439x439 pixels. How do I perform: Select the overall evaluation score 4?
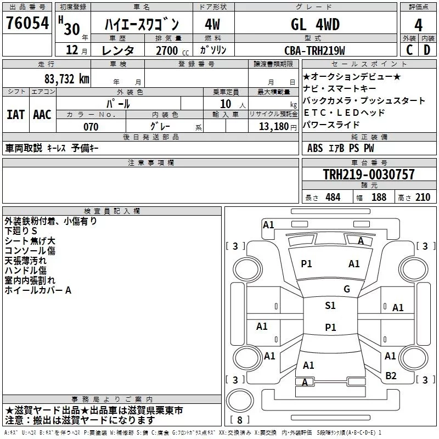point(418,25)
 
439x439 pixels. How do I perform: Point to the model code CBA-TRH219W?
point(314,50)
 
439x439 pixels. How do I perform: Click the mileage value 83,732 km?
point(66,78)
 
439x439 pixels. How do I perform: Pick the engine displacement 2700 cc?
point(166,50)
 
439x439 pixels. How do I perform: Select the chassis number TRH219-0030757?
point(368,175)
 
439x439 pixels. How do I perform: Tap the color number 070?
point(91,127)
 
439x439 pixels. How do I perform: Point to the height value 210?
point(422,197)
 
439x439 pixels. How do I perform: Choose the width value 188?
point(379,197)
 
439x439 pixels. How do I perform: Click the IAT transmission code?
point(15,114)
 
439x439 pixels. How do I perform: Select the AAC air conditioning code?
point(42,114)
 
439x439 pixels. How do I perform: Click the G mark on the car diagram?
point(346,289)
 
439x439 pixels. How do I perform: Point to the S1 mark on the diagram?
point(330,306)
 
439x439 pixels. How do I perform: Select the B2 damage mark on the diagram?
point(391,375)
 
